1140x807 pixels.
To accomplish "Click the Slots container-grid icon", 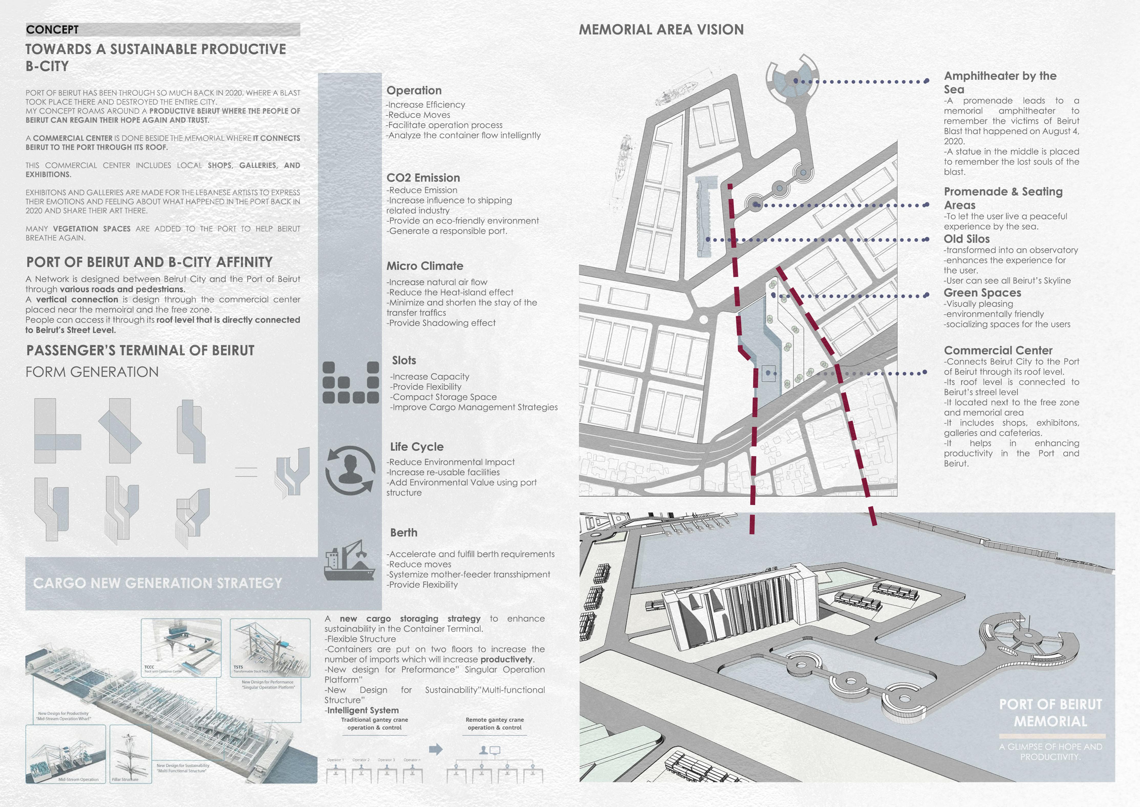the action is [x=351, y=382].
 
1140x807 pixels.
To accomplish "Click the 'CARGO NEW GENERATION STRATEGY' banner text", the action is [x=157, y=583].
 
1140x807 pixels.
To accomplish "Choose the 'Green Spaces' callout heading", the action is [x=982, y=293].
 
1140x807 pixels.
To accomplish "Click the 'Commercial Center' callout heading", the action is [x=998, y=350].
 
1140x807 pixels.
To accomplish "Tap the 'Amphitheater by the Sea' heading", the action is [x=1000, y=82].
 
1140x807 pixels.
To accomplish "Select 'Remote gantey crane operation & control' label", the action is [x=494, y=723].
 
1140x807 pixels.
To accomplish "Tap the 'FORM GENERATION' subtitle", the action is [x=92, y=372].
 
